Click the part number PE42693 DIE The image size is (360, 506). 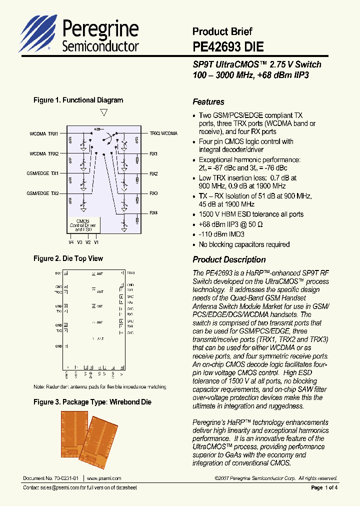[228, 47]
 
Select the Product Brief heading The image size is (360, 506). [222, 31]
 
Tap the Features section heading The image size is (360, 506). [208, 102]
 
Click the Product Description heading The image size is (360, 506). [229, 259]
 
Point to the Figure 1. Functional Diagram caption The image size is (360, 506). [78, 100]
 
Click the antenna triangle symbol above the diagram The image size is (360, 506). [104, 112]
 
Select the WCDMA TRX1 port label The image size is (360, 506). [44, 133]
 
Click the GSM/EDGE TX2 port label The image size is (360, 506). [43, 193]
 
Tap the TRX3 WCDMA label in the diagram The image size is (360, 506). [163, 133]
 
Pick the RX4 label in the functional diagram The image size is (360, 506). [153, 213]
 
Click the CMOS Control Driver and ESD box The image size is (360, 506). [82, 225]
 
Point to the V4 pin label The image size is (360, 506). [71, 242]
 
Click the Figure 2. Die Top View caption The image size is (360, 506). [68, 258]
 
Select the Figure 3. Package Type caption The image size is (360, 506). [92, 402]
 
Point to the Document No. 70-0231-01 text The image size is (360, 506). [50, 478]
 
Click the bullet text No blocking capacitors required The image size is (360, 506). [244, 244]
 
